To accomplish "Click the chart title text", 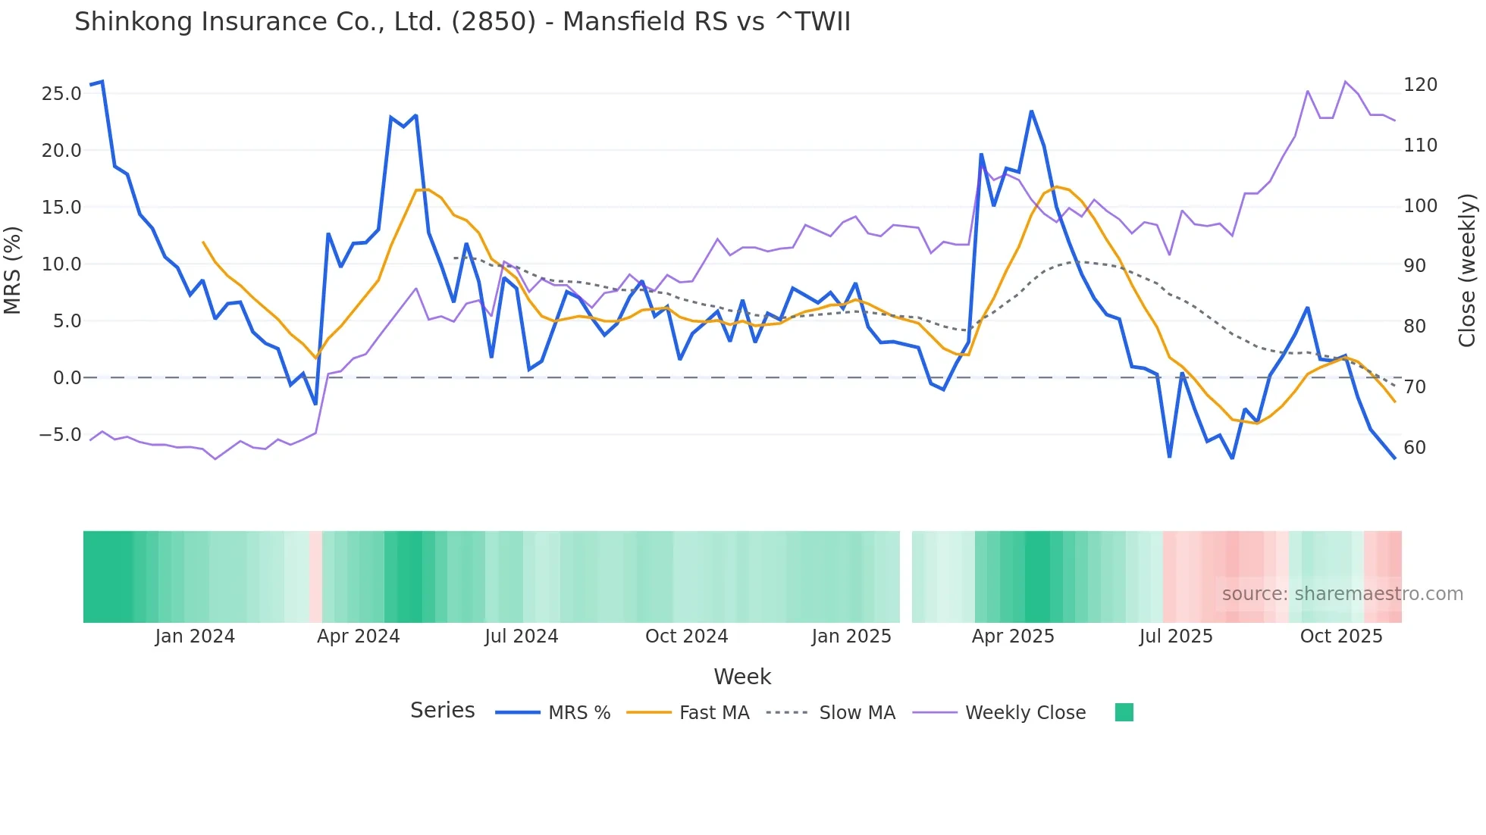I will click(x=462, y=22).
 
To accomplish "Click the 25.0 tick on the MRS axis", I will click(x=61, y=94).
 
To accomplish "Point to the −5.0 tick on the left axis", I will click(x=60, y=435).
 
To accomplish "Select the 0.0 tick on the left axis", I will click(x=67, y=378).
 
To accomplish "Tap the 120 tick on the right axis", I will click(x=1420, y=85).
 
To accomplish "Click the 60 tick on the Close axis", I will click(x=1415, y=448).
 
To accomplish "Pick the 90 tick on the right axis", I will click(x=1415, y=266).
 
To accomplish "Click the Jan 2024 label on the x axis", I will click(x=195, y=636).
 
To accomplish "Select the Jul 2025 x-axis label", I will click(x=1176, y=636).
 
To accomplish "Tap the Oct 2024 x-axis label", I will click(x=686, y=636).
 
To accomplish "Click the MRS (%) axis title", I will click(x=13, y=271).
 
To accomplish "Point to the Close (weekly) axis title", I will click(x=1467, y=271).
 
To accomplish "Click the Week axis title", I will click(x=742, y=677).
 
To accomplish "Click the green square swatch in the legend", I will click(x=1124, y=712).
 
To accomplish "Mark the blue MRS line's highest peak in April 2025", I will click(x=1031, y=111).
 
